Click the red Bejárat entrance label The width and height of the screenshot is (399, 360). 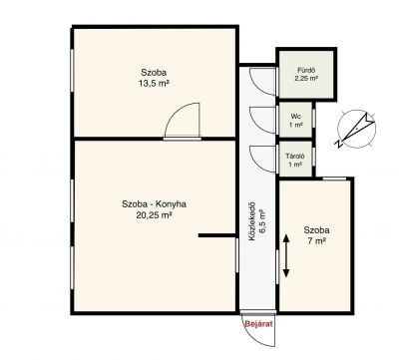click(x=258, y=324)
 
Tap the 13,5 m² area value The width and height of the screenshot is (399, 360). click(x=154, y=83)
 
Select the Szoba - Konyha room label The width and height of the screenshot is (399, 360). click(x=154, y=203)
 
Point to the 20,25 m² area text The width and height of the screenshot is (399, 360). click(x=154, y=215)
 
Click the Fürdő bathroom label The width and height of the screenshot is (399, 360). click(x=306, y=71)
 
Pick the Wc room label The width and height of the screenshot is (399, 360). click(x=295, y=117)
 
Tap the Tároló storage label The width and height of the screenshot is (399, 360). click(x=295, y=156)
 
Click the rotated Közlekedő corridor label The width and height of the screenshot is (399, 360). click(x=252, y=221)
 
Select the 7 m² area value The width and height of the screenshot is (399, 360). click(x=316, y=241)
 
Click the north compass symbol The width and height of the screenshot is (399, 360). click(x=356, y=129)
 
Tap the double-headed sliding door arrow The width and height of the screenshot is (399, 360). click(x=286, y=256)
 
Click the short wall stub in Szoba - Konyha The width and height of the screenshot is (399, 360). click(x=216, y=235)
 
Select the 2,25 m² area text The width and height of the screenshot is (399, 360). click(x=306, y=79)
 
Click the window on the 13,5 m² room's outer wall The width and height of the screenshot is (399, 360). click(x=72, y=70)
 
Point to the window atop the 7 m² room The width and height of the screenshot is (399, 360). click(x=334, y=179)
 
